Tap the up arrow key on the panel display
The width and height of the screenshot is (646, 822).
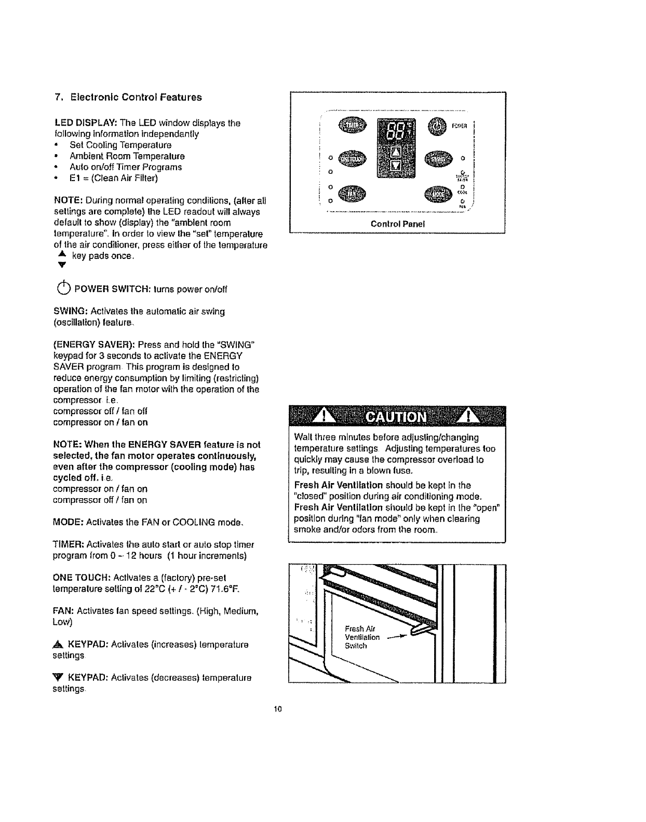click(x=396, y=151)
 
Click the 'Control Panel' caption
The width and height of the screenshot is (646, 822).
click(x=398, y=224)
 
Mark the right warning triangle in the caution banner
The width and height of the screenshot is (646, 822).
click(x=469, y=417)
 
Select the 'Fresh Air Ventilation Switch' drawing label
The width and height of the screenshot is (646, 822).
click(x=362, y=637)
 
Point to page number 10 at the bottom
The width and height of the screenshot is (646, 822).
click(x=277, y=709)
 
